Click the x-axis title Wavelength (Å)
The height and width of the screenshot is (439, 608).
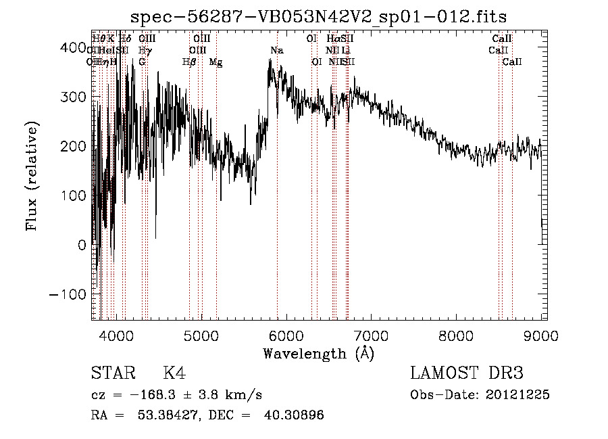[318, 353]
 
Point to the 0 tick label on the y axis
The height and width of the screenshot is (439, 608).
[81, 245]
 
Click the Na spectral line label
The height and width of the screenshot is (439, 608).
[277, 51]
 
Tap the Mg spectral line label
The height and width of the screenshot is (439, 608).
[216, 62]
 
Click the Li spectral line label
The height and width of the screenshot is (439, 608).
[346, 51]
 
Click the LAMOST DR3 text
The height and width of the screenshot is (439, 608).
[467, 373]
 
